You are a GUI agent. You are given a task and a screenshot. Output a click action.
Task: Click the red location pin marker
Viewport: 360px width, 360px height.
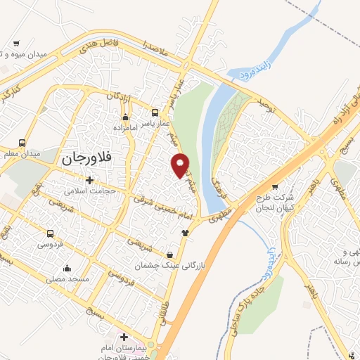click(180, 164)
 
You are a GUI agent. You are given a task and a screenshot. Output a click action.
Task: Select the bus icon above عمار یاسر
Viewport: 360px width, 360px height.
click(155, 112)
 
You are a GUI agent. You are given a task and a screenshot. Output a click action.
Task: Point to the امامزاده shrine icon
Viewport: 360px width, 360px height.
click(126, 117)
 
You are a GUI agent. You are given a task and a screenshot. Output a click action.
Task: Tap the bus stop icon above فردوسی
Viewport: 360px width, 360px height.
click(50, 233)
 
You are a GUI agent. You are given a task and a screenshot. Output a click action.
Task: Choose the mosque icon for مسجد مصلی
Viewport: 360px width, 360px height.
click(67, 268)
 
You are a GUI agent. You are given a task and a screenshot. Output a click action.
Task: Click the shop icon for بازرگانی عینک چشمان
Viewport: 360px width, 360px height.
click(169, 255)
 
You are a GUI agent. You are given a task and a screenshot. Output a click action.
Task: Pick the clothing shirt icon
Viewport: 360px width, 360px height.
click(185, 233)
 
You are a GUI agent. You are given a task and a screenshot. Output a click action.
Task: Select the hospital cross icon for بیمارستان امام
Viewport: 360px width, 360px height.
click(124, 337)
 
